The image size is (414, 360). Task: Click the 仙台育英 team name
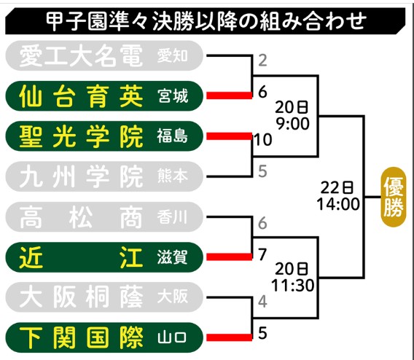81,96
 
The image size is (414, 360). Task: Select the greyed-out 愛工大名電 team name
81,55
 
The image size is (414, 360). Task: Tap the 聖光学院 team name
81,136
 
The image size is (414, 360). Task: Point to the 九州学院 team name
81,176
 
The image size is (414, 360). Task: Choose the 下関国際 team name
81,337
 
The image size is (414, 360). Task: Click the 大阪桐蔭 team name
81,297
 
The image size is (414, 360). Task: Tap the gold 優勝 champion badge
394,197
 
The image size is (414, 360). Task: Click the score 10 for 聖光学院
263,140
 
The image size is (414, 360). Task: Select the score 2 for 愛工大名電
262,60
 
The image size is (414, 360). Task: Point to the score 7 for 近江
262,254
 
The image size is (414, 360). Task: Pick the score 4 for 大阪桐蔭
262,301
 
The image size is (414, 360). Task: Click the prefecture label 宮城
173,96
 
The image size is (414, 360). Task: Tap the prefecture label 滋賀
173,257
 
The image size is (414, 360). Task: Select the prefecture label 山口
172,338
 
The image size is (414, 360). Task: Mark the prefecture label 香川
172,217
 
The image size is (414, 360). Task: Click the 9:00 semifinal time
292,123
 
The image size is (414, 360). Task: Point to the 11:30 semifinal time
292,286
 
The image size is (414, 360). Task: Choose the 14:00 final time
338,204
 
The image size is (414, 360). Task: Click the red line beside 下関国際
229,337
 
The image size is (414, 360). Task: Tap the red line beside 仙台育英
229,95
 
